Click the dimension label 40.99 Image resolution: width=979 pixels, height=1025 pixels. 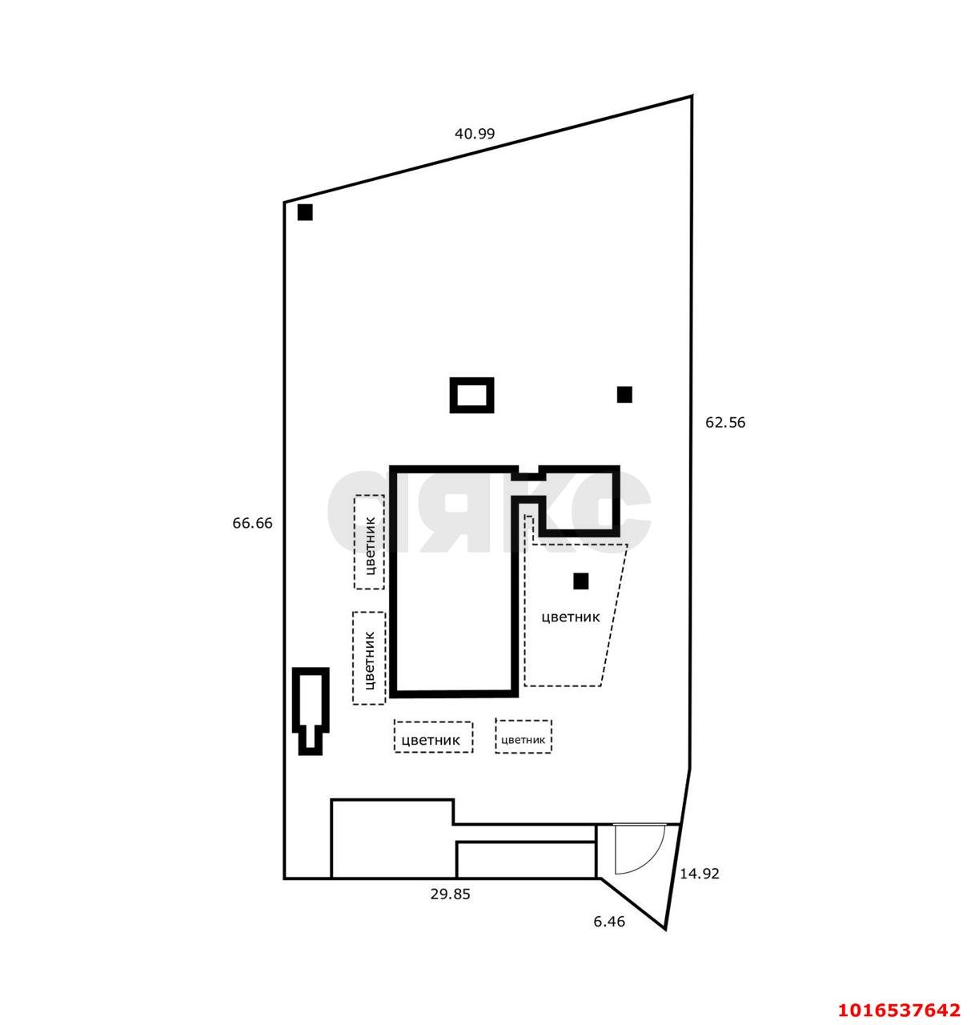tap(475, 134)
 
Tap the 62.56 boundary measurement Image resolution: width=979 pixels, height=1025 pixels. tap(724, 422)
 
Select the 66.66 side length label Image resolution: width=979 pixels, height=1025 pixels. tap(252, 523)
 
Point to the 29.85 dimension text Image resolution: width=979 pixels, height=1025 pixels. tap(450, 894)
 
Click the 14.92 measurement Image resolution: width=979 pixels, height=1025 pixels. tap(700, 874)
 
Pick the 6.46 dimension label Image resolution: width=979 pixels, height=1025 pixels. tap(608, 922)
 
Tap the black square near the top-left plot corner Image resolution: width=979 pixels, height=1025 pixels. tap(305, 212)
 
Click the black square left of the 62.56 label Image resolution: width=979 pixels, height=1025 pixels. tap(624, 394)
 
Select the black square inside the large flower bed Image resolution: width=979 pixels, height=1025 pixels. tap(580, 581)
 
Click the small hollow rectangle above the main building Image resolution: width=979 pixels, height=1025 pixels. tap(471, 395)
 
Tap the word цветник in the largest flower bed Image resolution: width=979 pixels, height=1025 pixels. tap(571, 617)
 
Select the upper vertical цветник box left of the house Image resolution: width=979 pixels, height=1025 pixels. tap(369, 542)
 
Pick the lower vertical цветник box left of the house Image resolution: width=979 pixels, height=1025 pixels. tap(369, 658)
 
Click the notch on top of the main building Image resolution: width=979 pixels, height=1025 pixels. tap(526, 472)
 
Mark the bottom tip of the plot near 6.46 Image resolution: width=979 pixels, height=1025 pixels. tap(664, 929)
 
